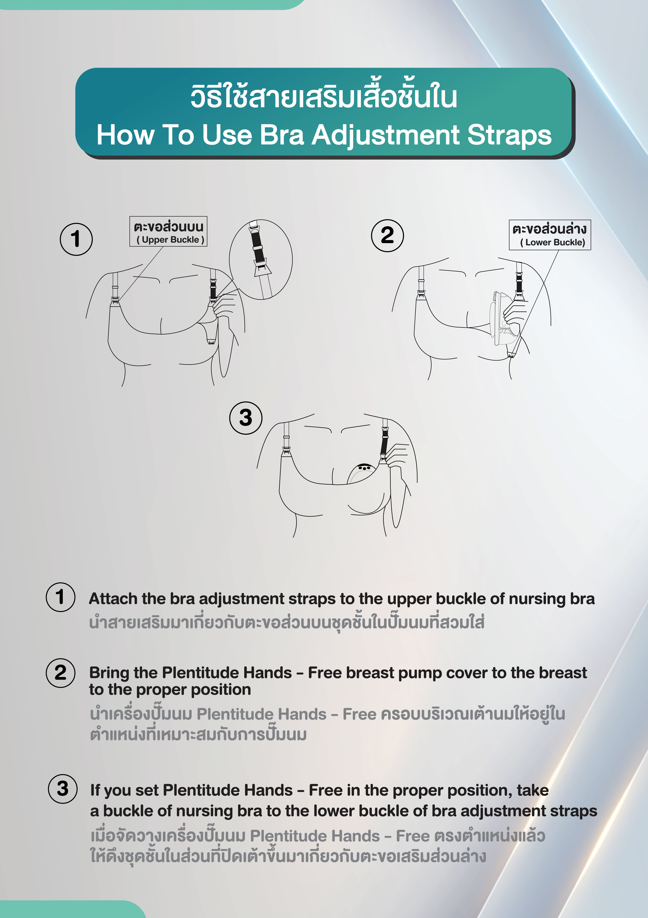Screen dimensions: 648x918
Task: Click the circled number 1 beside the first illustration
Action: pos(76,239)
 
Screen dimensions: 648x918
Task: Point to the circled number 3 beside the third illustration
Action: pos(246,418)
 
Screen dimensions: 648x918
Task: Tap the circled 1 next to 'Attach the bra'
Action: pos(61,597)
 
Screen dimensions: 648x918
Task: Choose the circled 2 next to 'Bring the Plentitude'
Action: pos(61,673)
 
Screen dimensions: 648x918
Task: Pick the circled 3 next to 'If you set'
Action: pos(63,788)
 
